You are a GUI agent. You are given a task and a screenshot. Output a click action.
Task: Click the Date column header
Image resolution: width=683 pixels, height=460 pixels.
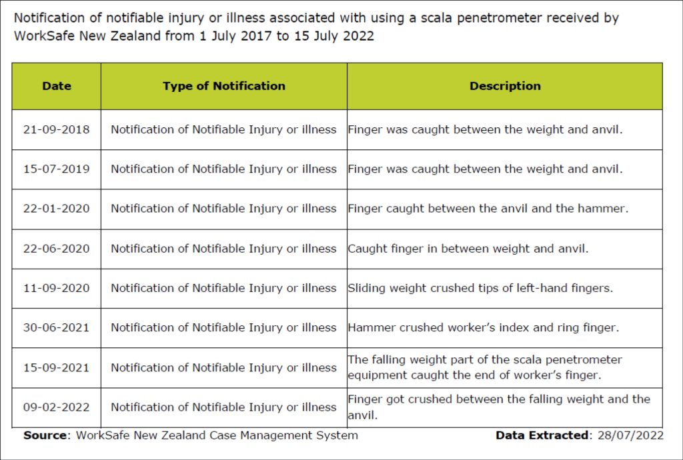coord(57,86)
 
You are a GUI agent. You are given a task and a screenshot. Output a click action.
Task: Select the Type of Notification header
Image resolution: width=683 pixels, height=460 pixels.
coord(223,86)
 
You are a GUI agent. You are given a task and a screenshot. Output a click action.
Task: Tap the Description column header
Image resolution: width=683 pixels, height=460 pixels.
coord(505,86)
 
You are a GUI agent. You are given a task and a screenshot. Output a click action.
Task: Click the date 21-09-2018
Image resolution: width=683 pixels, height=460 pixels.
coord(57,129)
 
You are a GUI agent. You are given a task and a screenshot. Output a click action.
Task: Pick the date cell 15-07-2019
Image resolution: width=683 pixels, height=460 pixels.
coord(57,169)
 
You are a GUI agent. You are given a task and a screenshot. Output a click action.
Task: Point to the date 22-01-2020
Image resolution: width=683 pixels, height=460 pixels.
coord(57,209)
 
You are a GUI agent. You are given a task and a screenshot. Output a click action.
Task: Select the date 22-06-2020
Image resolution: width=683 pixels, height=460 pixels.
coord(57,249)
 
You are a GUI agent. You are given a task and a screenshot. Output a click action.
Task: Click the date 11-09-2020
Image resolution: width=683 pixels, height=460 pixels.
coord(57,288)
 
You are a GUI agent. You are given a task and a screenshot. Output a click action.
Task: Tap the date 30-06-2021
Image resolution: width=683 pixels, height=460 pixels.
coord(57,328)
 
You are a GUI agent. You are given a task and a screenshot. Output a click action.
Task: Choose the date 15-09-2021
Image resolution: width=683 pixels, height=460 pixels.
coord(57,367)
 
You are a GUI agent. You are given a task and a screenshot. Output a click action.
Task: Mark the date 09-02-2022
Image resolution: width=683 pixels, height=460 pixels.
coord(57,407)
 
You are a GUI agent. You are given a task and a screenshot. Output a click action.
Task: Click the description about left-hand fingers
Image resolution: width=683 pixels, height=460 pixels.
coord(480,288)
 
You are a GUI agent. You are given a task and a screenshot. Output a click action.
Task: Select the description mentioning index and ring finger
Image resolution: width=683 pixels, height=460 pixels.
coord(484,328)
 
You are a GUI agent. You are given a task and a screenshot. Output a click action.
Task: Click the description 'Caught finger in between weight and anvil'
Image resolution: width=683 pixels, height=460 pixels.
coord(468,249)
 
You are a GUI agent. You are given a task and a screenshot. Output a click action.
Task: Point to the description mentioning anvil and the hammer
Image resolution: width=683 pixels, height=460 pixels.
coord(488,209)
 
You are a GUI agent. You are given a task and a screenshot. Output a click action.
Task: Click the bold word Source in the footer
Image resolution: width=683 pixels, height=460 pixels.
coord(46,435)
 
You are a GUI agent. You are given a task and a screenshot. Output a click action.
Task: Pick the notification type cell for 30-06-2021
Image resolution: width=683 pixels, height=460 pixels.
coord(223,328)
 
